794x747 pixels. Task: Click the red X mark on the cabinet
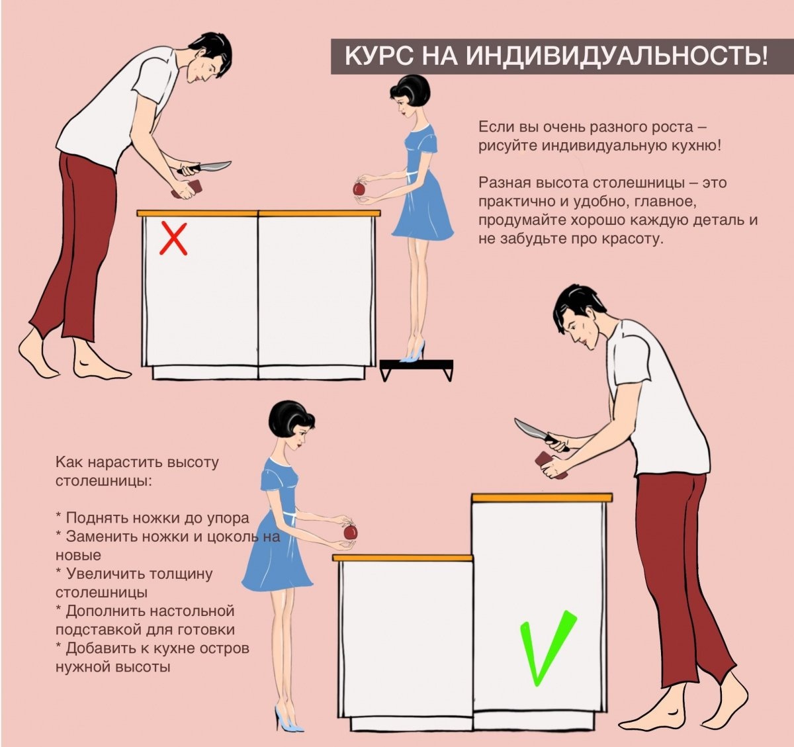(173, 239)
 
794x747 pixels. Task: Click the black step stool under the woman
(416, 369)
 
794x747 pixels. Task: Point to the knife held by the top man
(204, 168)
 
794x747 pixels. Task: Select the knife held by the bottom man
(540, 434)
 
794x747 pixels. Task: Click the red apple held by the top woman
(359, 189)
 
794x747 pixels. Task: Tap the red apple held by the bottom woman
(351, 532)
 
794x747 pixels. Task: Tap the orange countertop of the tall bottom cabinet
(542, 498)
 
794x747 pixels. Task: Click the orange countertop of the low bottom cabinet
(402, 558)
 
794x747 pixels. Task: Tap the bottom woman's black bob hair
(290, 421)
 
